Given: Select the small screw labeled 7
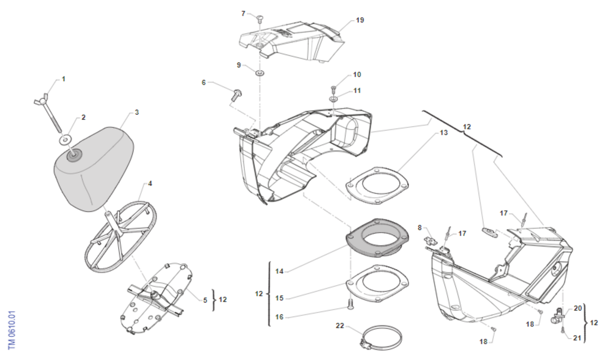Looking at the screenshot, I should pyautogui.click(x=260, y=19).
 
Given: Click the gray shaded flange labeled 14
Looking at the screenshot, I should pyautogui.click(x=377, y=238).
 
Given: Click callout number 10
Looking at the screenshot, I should pyautogui.click(x=357, y=74).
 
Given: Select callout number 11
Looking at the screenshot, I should pyautogui.click(x=357, y=91).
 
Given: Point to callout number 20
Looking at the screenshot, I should pyautogui.click(x=578, y=308).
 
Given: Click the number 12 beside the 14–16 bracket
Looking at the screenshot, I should pyautogui.click(x=259, y=293).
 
